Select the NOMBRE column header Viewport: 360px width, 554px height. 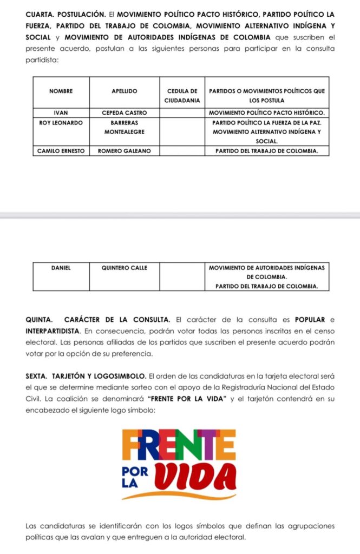pyautogui.click(x=61, y=91)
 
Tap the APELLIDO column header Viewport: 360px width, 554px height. pyautogui.click(x=124, y=91)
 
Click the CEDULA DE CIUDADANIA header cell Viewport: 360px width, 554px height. pyautogui.click(x=182, y=96)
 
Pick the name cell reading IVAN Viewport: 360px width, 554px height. pyautogui.click(x=61, y=113)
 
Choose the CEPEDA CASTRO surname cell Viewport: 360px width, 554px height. pyautogui.click(x=124, y=113)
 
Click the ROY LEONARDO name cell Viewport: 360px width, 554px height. pyautogui.click(x=61, y=123)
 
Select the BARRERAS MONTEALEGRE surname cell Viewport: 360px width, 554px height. pyautogui.click(x=124, y=127)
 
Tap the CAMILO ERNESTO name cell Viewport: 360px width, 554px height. pyautogui.click(x=61, y=150)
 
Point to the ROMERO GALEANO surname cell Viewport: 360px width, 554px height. pyautogui.click(x=124, y=150)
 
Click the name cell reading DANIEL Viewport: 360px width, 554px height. pyautogui.click(x=61, y=267)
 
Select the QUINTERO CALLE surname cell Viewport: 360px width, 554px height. pyautogui.click(x=124, y=267)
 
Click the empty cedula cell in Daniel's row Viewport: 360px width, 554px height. pyautogui.click(x=182, y=276)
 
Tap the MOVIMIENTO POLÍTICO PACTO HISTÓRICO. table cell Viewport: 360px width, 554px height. pyautogui.click(x=266, y=113)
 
